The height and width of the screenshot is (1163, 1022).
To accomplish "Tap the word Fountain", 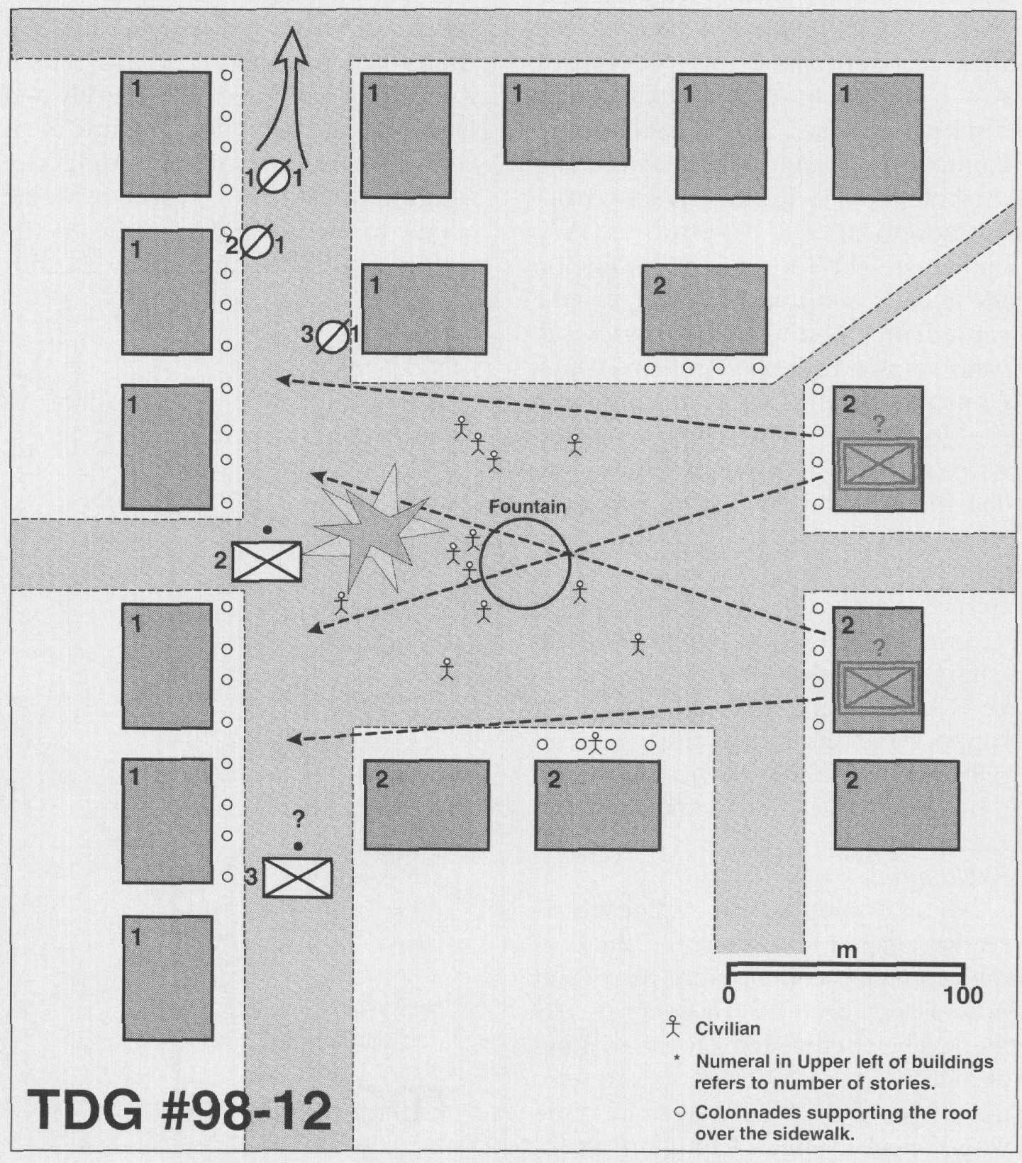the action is point(528,507).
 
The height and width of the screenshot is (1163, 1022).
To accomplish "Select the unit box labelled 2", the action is point(267,561).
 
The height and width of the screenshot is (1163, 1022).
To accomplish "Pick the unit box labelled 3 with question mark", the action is point(297,877).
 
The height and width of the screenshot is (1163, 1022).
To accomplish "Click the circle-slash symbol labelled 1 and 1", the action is point(273,177).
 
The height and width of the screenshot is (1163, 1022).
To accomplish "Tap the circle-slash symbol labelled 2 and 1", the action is point(256,242).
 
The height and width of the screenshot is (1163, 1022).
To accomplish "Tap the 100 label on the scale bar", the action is point(964,995).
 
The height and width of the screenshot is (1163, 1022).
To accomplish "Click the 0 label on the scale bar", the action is point(728,995).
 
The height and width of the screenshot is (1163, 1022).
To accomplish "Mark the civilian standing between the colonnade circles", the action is point(595,743).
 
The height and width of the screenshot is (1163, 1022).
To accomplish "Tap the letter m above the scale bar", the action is point(848,951).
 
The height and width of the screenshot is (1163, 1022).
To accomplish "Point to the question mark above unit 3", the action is point(299,821).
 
